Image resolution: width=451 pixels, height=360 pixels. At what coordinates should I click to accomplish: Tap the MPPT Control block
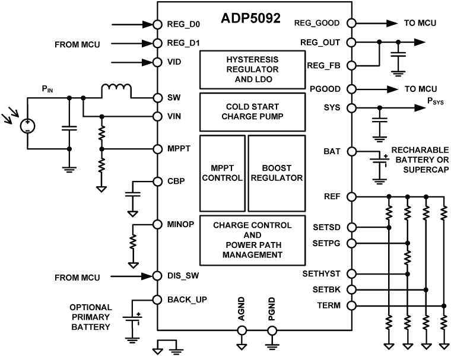point(223,173)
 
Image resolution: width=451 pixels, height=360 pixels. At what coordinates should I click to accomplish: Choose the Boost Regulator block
point(276,173)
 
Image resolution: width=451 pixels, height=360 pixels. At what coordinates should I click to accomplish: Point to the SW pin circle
point(157,98)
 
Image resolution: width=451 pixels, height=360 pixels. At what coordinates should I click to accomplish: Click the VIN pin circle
point(157,116)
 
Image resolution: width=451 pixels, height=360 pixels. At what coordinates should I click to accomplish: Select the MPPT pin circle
point(157,149)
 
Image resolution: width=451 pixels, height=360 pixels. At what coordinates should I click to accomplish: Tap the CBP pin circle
point(157,181)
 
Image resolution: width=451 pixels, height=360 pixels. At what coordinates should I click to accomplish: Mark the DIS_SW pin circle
point(157,276)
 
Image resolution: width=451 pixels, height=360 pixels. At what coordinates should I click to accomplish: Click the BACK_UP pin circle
point(157,300)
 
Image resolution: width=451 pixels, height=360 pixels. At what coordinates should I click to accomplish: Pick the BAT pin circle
point(352,151)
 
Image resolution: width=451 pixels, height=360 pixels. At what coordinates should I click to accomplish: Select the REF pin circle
point(352,196)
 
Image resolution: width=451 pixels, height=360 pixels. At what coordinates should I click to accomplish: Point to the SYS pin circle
point(352,108)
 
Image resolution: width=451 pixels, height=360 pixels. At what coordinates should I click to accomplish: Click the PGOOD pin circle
point(352,89)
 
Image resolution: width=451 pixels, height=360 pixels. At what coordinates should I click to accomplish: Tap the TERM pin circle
point(352,305)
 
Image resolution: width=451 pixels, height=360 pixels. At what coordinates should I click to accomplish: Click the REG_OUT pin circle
point(352,43)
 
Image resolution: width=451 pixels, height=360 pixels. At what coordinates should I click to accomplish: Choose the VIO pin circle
point(157,62)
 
